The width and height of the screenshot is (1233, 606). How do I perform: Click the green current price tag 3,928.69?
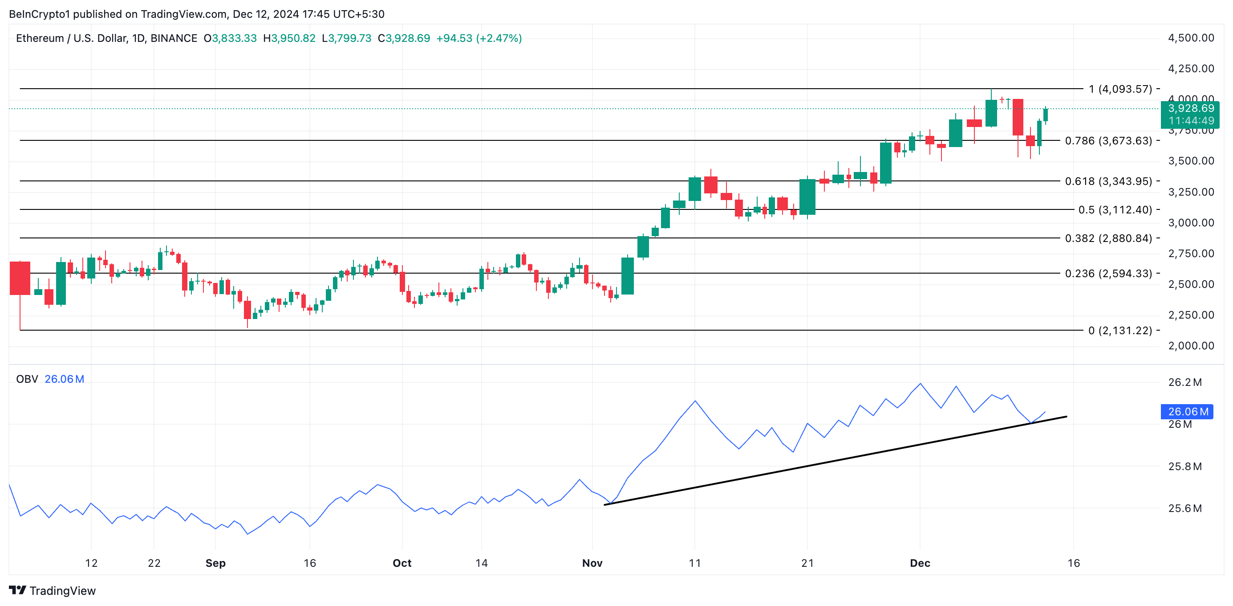point(1190,109)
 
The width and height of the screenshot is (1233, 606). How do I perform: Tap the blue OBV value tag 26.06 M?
point(1187,412)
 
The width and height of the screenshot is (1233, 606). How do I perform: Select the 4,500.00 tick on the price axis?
point(1191,38)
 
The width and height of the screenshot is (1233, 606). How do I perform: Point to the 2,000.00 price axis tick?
point(1191,346)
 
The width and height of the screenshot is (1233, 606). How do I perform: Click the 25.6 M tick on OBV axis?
point(1184,508)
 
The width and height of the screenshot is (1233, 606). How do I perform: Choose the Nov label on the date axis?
point(592,563)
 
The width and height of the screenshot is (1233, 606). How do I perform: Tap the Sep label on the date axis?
point(215,563)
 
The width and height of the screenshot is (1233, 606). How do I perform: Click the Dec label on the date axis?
point(920,563)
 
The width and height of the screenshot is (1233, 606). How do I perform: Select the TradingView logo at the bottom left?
point(53,591)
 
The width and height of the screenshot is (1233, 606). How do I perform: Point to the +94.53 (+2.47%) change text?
point(479,38)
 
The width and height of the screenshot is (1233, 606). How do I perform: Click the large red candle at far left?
point(20,278)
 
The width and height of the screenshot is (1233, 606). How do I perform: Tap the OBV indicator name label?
point(27,379)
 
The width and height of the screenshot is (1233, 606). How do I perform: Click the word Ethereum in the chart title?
point(40,38)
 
